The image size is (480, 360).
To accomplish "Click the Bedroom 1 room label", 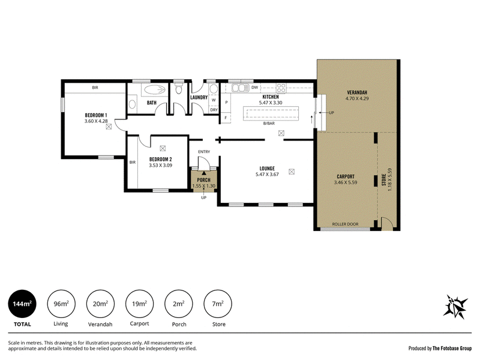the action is (96, 115).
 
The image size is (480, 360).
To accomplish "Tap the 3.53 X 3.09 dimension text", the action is (160, 166).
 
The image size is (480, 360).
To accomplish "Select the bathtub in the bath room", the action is (155, 89).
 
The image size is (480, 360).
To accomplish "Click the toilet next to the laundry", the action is (179, 89).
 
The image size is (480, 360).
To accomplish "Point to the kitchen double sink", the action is (240, 88).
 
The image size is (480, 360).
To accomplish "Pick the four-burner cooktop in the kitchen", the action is (281, 88).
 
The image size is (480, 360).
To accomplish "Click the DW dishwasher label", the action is (254, 87).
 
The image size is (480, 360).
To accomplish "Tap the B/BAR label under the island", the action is (269, 124).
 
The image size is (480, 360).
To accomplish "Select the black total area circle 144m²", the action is (22, 304).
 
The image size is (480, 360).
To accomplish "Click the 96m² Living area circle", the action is (61, 304).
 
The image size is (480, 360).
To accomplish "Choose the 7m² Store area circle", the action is (218, 304).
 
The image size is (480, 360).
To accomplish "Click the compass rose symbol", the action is (455, 307).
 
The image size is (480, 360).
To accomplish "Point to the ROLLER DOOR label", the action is (345, 224).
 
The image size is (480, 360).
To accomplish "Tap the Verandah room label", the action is (357, 92).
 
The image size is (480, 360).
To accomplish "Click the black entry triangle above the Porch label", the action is (203, 173).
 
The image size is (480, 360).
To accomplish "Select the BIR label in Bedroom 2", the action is (132, 162).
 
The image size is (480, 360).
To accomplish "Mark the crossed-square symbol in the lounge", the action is (292, 172).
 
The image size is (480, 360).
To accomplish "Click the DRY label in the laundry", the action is (214, 110).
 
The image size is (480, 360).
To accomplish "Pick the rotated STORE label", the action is (384, 179).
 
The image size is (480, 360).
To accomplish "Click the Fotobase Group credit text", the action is (452, 348).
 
